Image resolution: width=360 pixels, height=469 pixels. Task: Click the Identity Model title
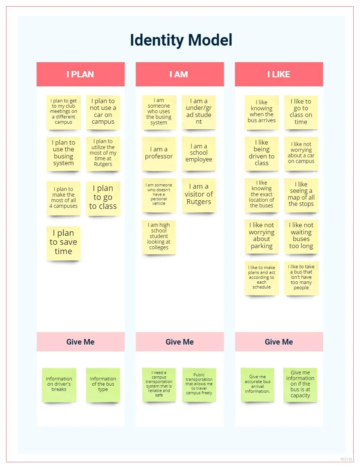pyautogui.click(x=181, y=40)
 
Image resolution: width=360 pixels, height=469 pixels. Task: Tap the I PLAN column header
pyautogui.click(x=80, y=74)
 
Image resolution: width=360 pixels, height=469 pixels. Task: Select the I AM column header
pyautogui.click(x=179, y=74)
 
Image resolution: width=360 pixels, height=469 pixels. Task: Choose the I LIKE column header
pyautogui.click(x=279, y=74)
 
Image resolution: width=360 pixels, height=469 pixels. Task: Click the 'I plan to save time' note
pyautogui.click(x=64, y=243)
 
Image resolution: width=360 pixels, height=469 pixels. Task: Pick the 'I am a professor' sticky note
pyautogui.click(x=159, y=153)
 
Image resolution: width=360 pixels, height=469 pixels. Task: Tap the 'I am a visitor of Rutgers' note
pyautogui.click(x=199, y=195)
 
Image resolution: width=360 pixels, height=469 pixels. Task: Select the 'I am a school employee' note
pyautogui.click(x=199, y=153)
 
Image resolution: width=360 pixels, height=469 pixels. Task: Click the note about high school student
pyautogui.click(x=159, y=237)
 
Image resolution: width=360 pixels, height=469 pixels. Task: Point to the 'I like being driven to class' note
pyautogui.click(x=262, y=153)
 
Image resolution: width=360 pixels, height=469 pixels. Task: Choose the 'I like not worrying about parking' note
pyautogui.click(x=262, y=236)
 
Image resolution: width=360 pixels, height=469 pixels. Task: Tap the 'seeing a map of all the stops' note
pyautogui.click(x=301, y=195)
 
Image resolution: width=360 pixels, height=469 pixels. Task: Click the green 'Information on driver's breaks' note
pyautogui.click(x=59, y=385)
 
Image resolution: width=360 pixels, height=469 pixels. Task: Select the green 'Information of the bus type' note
pyautogui.click(x=103, y=385)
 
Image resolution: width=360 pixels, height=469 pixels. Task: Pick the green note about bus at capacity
pyautogui.click(x=300, y=385)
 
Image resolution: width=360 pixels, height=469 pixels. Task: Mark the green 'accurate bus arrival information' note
pyautogui.click(x=258, y=385)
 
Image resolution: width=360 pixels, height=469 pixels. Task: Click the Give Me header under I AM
pyautogui.click(x=179, y=342)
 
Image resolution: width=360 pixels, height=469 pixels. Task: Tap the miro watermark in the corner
pyautogui.click(x=346, y=459)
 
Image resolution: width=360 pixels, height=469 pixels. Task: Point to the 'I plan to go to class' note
pyautogui.click(x=103, y=198)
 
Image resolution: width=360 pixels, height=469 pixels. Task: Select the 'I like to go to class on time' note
pyautogui.click(x=301, y=112)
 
